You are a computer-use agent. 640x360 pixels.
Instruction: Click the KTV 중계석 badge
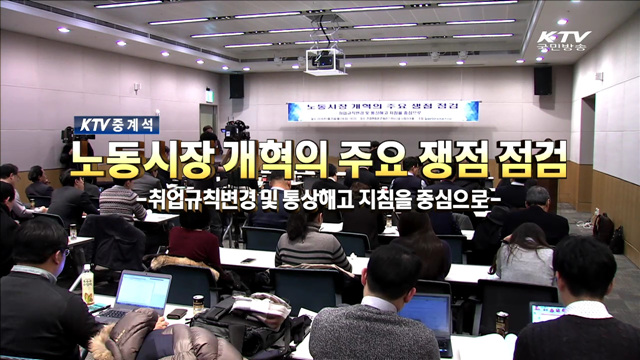(x=116, y=125)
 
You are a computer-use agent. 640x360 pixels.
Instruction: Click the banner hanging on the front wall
(x=383, y=111)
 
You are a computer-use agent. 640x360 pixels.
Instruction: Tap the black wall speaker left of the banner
(x=236, y=86)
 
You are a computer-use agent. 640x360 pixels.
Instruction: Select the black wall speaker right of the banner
(x=542, y=80)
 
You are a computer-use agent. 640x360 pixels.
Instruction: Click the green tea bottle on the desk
(x=88, y=286)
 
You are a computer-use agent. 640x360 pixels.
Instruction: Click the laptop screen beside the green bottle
(x=144, y=291)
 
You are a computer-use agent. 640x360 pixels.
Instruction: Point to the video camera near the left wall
(x=236, y=129)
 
